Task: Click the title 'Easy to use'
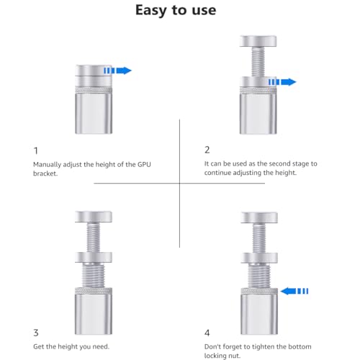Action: coord(176,11)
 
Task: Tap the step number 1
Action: coord(36,150)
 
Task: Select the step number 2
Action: coord(207,150)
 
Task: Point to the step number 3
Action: coord(36,333)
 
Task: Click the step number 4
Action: coord(207,333)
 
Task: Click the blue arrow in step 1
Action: coord(117,71)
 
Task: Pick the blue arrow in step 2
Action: coord(282,82)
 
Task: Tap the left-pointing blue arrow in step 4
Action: coord(294,291)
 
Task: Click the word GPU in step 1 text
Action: coord(144,165)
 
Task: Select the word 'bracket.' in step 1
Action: coord(45,174)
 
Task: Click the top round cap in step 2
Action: coord(258,41)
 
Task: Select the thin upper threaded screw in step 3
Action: coord(93,237)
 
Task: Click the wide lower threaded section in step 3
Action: coord(94,275)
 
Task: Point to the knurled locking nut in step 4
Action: coord(259,291)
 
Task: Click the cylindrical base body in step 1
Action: coord(94,113)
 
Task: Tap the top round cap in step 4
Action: coord(259,217)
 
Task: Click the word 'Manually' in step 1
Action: coord(47,165)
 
